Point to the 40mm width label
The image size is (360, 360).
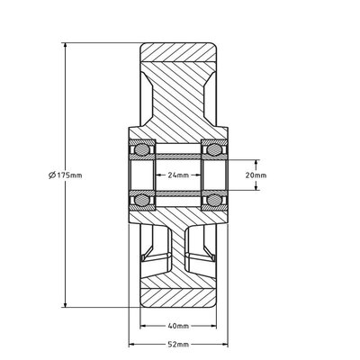click(x=178, y=326)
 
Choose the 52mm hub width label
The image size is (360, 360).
click(x=178, y=344)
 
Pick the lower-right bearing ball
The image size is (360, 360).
click(x=217, y=200)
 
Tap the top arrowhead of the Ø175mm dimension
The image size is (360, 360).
click(x=66, y=43)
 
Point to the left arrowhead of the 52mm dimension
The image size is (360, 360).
click(x=130, y=344)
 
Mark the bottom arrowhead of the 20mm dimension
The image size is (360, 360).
click(x=258, y=188)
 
